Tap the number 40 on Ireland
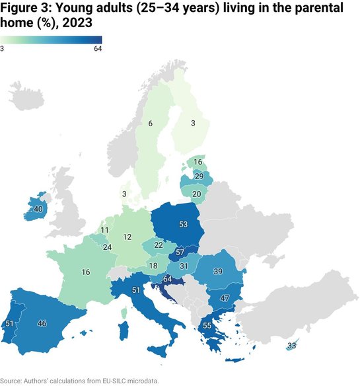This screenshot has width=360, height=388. (x=38, y=209)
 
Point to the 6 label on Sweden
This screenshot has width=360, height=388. (x=151, y=124)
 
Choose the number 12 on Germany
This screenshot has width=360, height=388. (x=127, y=236)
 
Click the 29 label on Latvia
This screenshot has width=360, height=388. (x=198, y=177)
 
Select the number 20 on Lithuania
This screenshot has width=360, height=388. (x=196, y=193)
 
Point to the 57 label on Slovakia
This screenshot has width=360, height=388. (x=180, y=254)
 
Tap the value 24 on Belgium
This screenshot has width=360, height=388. (x=106, y=248)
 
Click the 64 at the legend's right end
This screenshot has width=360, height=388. (x=98, y=48)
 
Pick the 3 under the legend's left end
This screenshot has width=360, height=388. (x=3, y=48)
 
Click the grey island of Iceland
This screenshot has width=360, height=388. (x=24, y=98)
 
